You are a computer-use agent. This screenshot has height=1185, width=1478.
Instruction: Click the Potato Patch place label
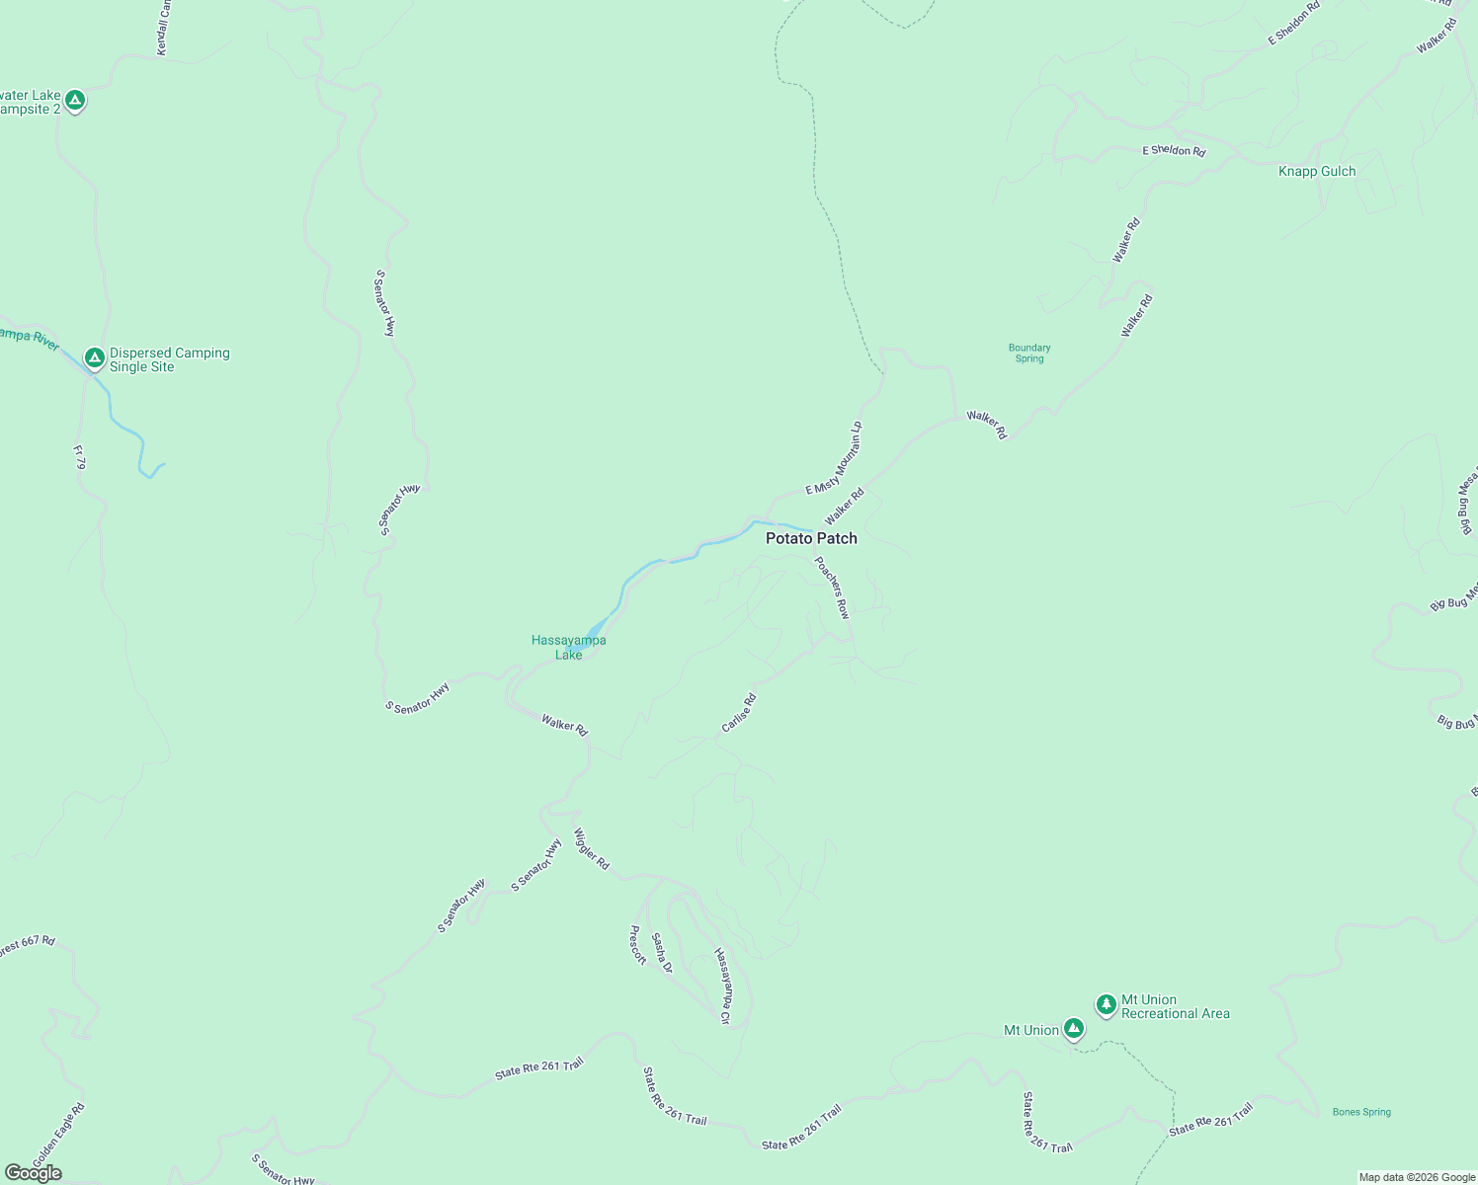pyautogui.click(x=811, y=538)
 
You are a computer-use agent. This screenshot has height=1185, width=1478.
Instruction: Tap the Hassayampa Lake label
pyautogui.click(x=568, y=647)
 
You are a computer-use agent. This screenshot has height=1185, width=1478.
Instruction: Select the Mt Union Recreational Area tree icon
pyautogui.click(x=1107, y=1004)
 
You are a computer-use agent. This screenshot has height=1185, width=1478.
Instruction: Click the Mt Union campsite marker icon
pyautogui.click(x=1074, y=1028)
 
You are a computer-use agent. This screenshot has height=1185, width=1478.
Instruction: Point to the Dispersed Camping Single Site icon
pyautogui.click(x=95, y=356)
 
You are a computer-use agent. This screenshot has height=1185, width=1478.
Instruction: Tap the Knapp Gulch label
pyautogui.click(x=1317, y=171)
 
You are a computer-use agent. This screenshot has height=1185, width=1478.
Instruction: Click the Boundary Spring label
pyautogui.click(x=1029, y=353)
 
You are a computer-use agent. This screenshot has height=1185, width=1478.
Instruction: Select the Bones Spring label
pyautogui.click(x=1361, y=1112)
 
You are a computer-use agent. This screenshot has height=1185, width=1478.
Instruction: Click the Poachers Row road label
pyautogui.click(x=832, y=588)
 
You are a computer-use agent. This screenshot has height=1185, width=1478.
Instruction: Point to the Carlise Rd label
pyautogui.click(x=738, y=713)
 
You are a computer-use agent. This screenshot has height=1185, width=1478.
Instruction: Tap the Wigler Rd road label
pyautogui.click(x=591, y=849)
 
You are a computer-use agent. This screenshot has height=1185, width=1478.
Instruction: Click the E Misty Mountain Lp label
pyautogui.click(x=835, y=458)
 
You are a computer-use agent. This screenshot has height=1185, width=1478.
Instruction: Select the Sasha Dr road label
pyautogui.click(x=661, y=953)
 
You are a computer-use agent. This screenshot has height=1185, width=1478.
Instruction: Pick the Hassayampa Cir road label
pyautogui.click(x=722, y=986)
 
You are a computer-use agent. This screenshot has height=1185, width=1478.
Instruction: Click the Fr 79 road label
pyautogui.click(x=79, y=456)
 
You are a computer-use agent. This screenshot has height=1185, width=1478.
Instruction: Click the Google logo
pyautogui.click(x=34, y=1173)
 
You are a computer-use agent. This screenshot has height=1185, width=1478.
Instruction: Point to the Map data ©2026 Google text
pyautogui.click(x=1417, y=1177)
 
